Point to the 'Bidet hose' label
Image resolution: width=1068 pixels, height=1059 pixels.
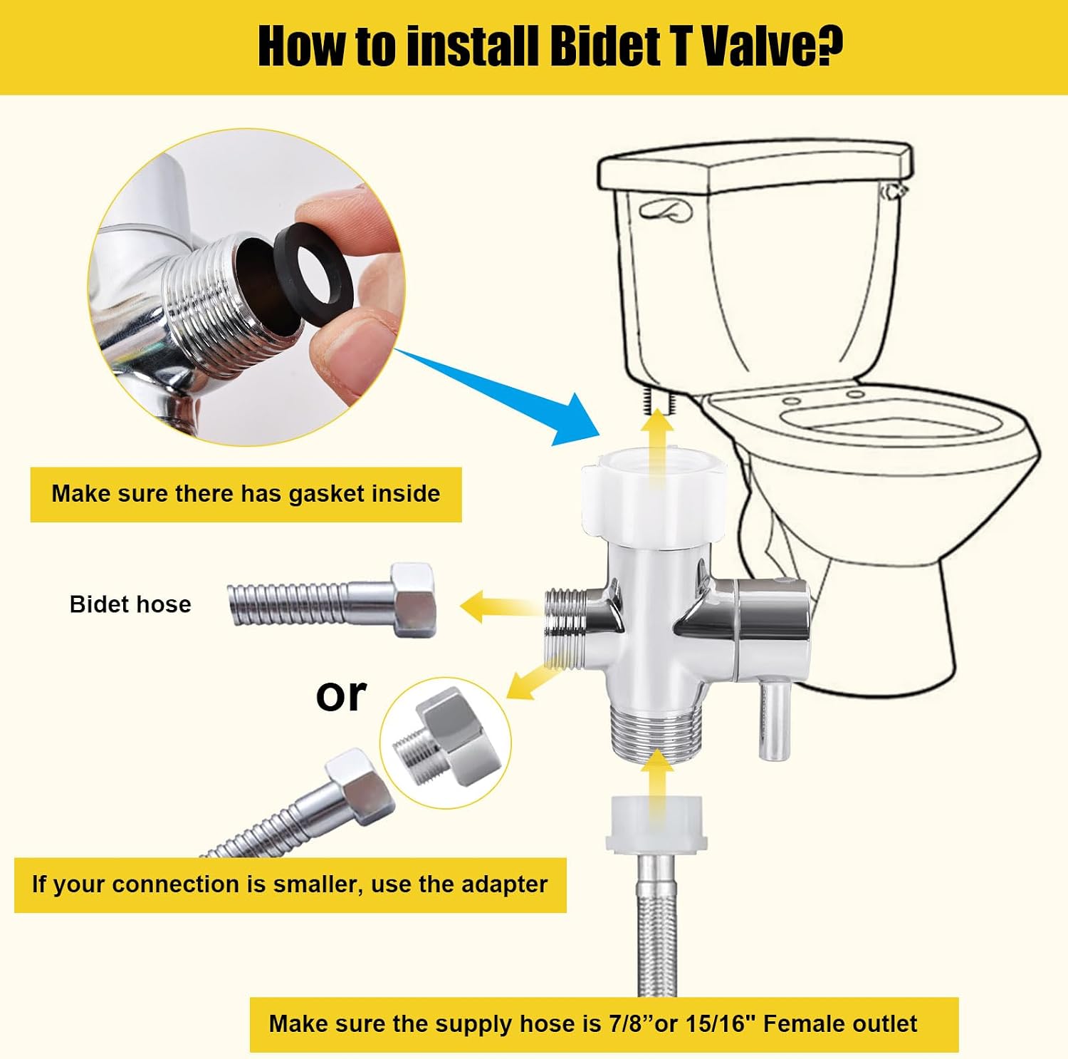pos(130,604)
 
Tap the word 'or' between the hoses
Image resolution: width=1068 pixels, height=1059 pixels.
pos(341,695)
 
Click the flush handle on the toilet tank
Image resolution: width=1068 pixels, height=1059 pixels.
pos(665,210)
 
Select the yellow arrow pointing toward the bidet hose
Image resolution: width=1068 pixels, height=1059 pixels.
pos(498,606)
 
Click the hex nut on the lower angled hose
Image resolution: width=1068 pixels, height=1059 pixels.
pos(360,787)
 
